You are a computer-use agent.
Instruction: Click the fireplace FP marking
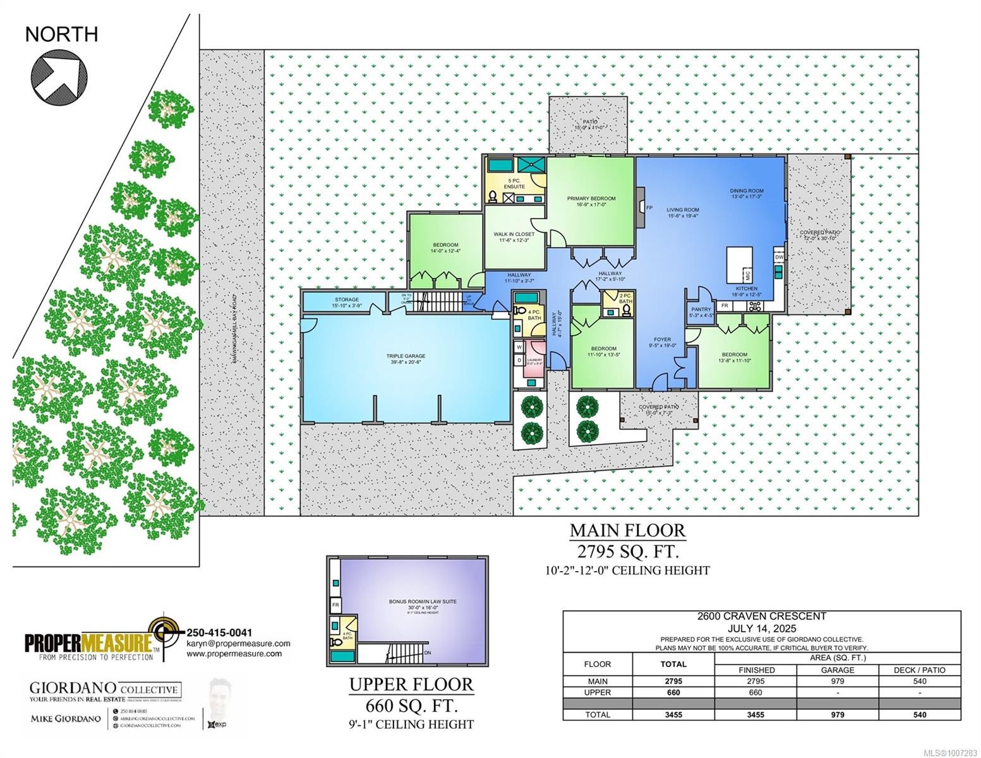coord(649,207)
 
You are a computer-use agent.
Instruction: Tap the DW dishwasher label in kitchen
coord(779,257)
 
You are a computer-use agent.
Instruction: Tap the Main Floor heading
coord(627,530)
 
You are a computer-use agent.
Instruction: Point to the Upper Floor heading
coord(411,684)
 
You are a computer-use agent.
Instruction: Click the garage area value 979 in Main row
coord(838,682)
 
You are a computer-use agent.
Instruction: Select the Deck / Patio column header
coord(920,670)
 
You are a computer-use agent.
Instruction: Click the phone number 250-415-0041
coord(219,632)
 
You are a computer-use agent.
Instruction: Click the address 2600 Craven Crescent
coord(761,617)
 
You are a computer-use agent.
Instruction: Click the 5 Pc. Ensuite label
coord(514,184)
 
